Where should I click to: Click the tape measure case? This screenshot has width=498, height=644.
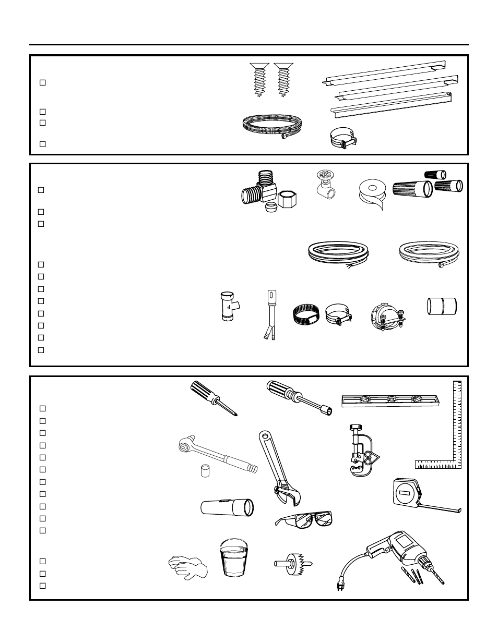(408, 493)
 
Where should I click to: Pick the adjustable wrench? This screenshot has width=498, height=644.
(277, 470)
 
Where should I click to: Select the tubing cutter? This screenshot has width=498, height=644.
(360, 451)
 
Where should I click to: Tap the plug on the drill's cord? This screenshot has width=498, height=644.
(341, 587)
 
